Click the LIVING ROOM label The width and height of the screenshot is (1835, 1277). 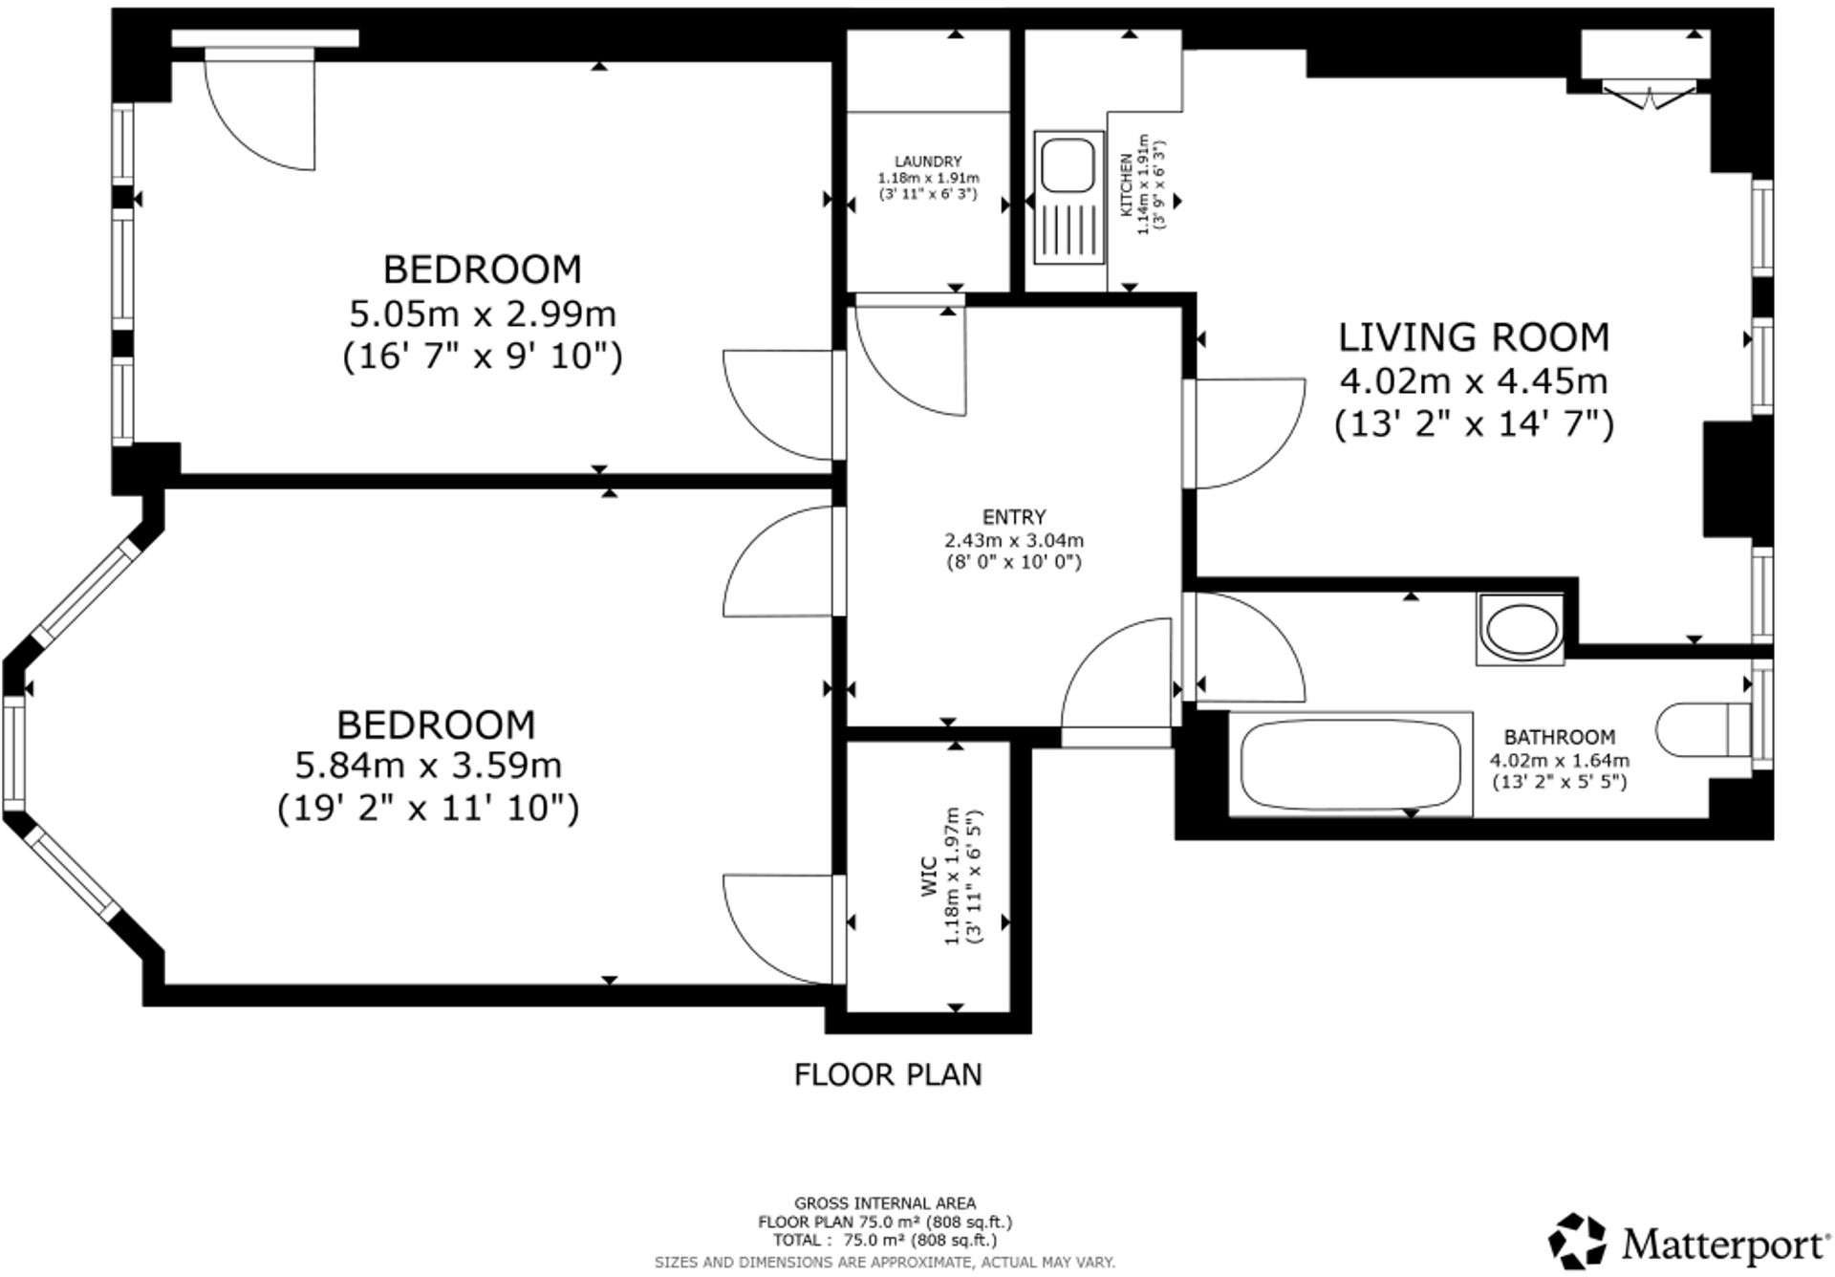tap(1473, 337)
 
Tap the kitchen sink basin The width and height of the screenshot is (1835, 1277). tap(1068, 166)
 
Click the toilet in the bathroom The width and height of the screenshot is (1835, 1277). tap(1701, 731)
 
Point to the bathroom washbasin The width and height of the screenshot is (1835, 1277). tap(1520, 630)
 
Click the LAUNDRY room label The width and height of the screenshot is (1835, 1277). tap(928, 162)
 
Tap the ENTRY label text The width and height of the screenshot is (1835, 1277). tap(1014, 517)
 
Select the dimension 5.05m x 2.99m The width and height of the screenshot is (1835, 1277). tap(482, 314)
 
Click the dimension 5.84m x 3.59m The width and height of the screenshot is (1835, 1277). tap(427, 766)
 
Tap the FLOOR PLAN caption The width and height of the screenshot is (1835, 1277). tap(888, 1074)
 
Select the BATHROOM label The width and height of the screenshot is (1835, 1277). tap(1560, 737)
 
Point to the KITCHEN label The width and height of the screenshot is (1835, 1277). tap(1126, 184)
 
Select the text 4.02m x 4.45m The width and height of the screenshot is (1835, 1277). tap(1473, 381)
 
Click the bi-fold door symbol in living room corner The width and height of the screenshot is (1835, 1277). tap(1648, 95)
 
